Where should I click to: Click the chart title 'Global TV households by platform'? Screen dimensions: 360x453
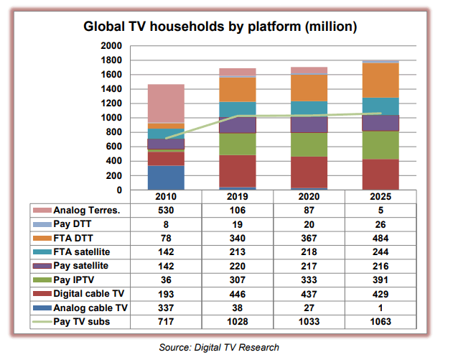[220, 27]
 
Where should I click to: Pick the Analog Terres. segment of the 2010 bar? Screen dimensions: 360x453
[166, 103]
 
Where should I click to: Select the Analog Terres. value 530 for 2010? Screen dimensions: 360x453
[166, 211]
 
